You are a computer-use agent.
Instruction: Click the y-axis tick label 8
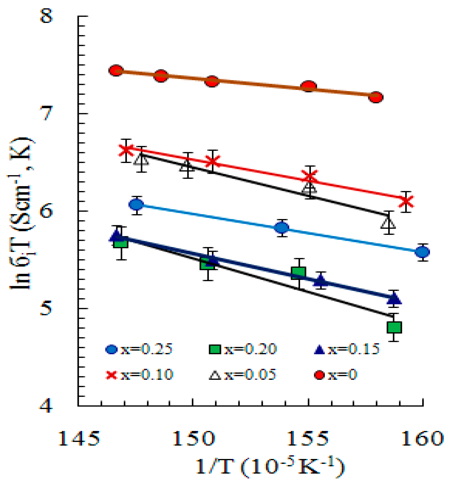pos(46,16)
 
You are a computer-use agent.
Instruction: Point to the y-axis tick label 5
pos(46,308)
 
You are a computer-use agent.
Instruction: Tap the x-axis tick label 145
pos(79,439)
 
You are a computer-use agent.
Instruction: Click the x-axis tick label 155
pos(308,439)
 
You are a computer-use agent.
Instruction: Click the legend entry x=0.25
pos(139,349)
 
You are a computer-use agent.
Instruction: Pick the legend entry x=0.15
pos(346,349)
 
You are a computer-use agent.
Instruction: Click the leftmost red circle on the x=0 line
pos(116,70)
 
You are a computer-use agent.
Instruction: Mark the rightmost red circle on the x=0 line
pos(376,97)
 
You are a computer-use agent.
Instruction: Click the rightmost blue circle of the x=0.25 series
pos(422,252)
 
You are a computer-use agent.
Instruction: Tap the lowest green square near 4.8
pos(394,327)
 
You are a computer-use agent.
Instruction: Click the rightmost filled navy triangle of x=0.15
pos(394,298)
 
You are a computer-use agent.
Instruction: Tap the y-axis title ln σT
pos(21,214)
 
